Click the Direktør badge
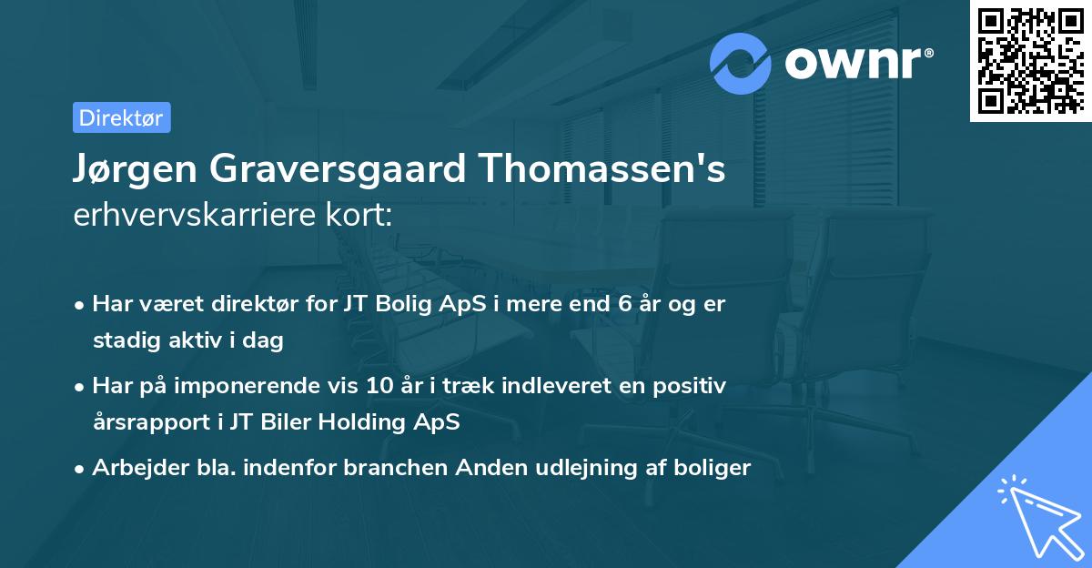[121, 117]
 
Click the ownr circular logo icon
[741, 64]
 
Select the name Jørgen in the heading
[135, 170]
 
